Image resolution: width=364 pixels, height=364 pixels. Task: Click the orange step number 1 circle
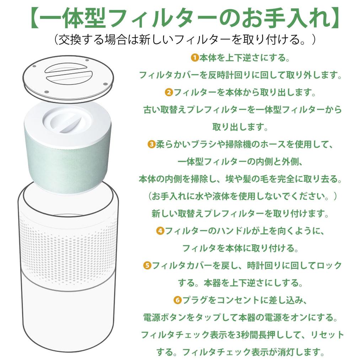[x=194, y=57]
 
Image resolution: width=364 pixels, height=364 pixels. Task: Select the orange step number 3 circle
[x=151, y=144]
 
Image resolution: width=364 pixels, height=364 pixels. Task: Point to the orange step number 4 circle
[x=160, y=231]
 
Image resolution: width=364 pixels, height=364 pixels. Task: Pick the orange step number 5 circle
[x=147, y=265]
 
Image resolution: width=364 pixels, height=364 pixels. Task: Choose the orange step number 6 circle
[x=177, y=300]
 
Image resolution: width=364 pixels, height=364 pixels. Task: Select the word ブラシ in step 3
[x=202, y=144]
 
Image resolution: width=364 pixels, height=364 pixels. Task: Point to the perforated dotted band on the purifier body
[x=68, y=245]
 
